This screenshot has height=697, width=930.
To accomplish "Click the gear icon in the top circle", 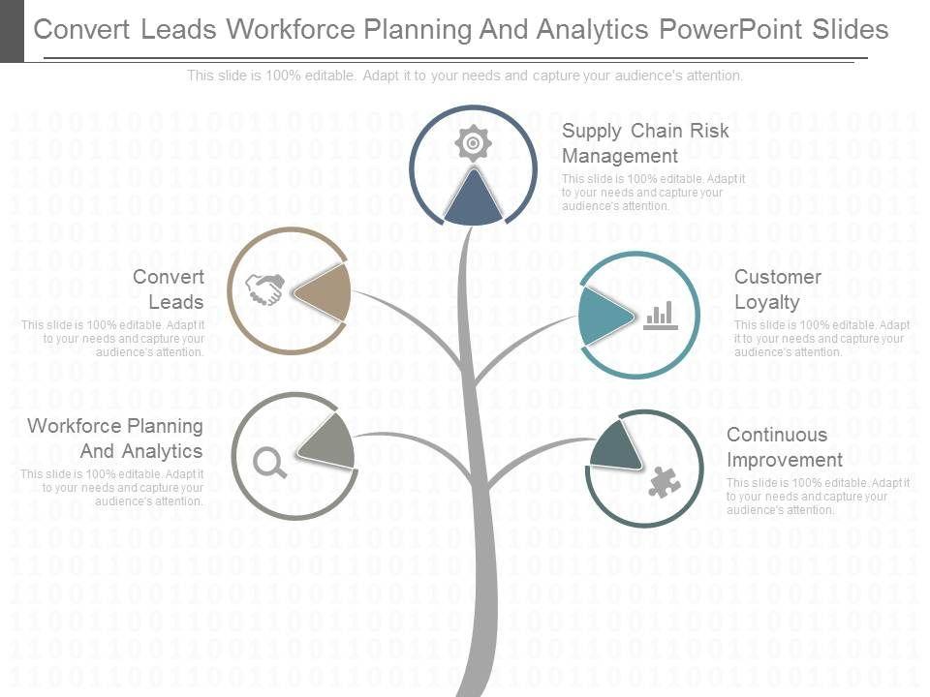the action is tap(472, 143).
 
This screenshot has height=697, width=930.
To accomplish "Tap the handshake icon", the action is tap(264, 289).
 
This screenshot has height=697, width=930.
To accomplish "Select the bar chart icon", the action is tap(661, 316).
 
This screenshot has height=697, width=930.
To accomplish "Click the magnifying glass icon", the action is tap(270, 465).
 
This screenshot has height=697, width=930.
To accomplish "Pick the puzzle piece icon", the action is tap(665, 481).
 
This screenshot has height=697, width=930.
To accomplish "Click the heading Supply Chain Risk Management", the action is tap(645, 143).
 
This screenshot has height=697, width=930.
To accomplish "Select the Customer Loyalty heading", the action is tap(777, 289).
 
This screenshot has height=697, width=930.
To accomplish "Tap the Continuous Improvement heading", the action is tap(785, 447).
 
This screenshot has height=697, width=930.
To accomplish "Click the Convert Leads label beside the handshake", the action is tap(169, 289).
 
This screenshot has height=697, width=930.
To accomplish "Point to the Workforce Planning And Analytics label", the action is tap(115, 439).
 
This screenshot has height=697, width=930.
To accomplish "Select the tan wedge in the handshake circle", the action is tap(325, 291).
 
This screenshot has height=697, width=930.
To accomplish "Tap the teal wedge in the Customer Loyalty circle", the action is tap(601, 315).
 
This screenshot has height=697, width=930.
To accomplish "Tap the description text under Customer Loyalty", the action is tap(821, 339).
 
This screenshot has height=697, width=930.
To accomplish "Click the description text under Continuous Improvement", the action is tap(818, 497).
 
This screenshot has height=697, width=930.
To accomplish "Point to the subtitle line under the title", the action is tap(465, 76).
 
